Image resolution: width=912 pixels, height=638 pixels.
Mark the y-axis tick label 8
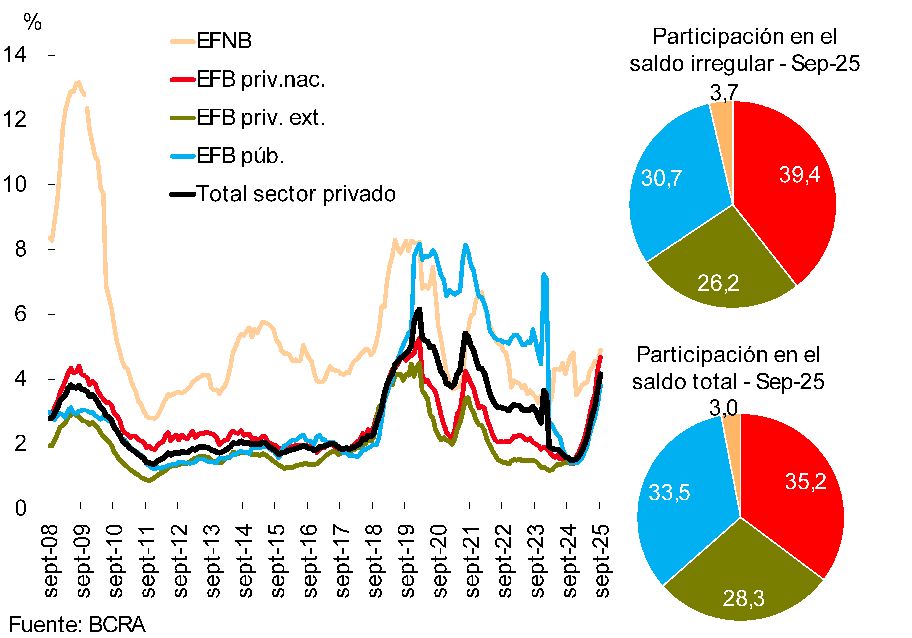(x=21, y=249)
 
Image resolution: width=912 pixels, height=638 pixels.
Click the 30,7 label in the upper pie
(x=661, y=178)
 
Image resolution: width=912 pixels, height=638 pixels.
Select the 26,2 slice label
(x=718, y=283)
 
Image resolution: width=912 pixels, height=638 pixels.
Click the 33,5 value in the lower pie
(x=669, y=493)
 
